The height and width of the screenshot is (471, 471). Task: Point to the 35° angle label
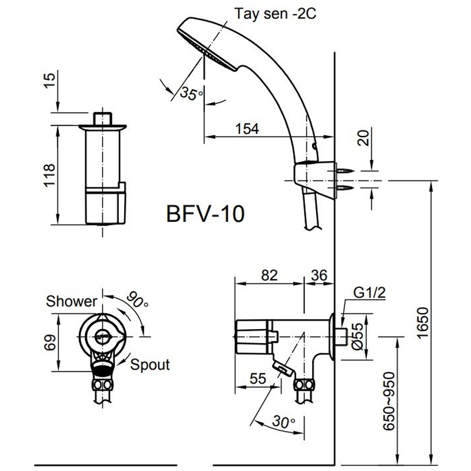(x=191, y=92)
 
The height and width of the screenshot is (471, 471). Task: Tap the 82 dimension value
(x=268, y=274)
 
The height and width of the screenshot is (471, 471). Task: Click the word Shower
(x=72, y=301)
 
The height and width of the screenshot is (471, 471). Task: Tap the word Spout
(x=150, y=364)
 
